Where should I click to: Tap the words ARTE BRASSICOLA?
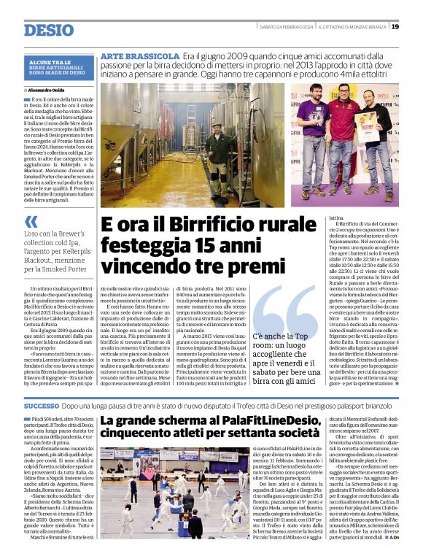coord(139,56)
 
